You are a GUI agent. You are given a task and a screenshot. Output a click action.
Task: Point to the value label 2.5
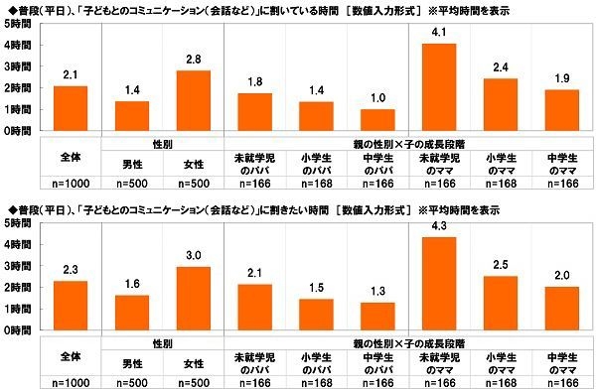click(501, 265)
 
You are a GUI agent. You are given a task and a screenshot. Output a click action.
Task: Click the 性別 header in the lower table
click(164, 340)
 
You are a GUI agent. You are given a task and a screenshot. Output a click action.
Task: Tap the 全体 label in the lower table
click(71, 354)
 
